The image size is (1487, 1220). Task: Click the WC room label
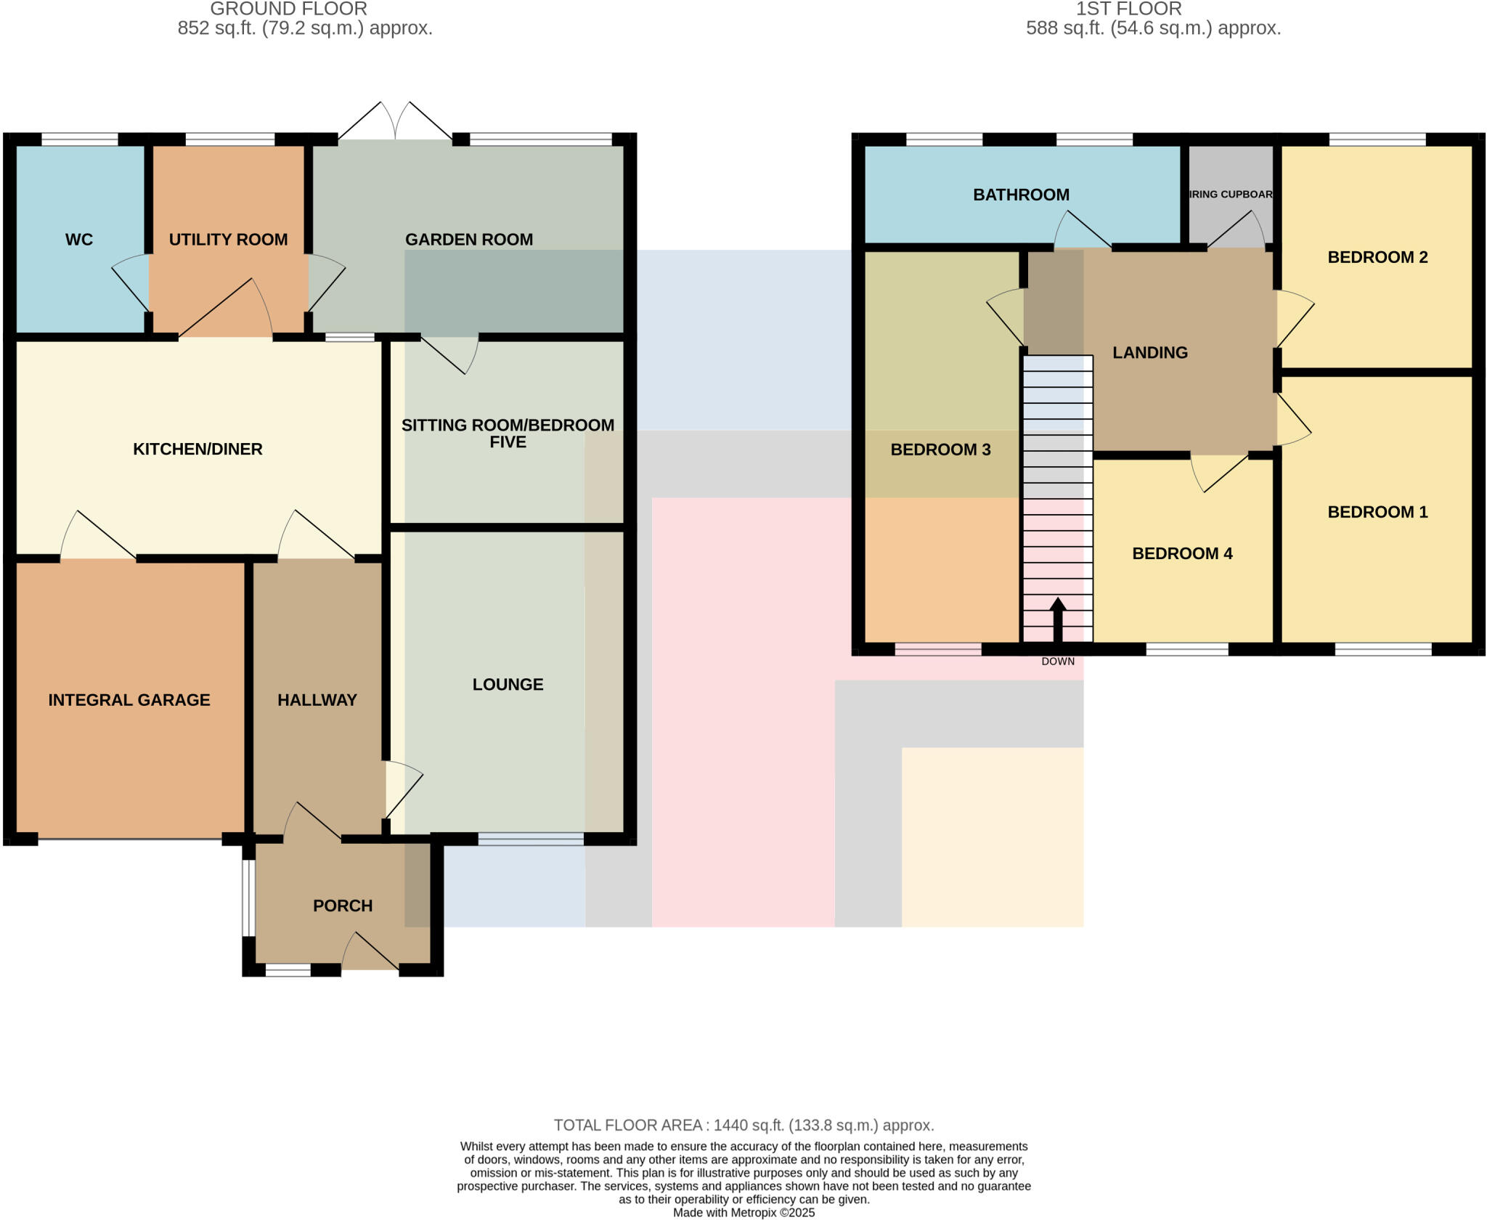point(79,240)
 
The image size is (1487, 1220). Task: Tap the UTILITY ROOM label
point(228,240)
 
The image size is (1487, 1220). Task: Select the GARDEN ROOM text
point(469,240)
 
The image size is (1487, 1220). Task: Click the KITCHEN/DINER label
point(197,449)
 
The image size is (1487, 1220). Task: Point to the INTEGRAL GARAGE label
point(129,700)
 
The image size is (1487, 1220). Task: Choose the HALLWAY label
point(317,700)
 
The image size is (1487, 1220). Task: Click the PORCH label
point(343,906)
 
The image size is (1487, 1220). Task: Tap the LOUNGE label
point(508,684)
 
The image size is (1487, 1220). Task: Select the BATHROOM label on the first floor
point(1021,195)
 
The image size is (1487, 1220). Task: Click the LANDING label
point(1150,352)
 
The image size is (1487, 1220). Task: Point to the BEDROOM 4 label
point(1182,553)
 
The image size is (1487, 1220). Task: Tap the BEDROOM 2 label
point(1377,257)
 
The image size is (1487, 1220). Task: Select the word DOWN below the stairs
point(1058,662)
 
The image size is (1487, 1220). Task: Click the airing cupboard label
point(1231,195)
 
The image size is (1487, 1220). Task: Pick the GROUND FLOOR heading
point(288,9)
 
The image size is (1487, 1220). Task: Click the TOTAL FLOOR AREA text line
point(743,1125)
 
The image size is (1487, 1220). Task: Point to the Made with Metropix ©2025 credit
point(743,1212)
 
